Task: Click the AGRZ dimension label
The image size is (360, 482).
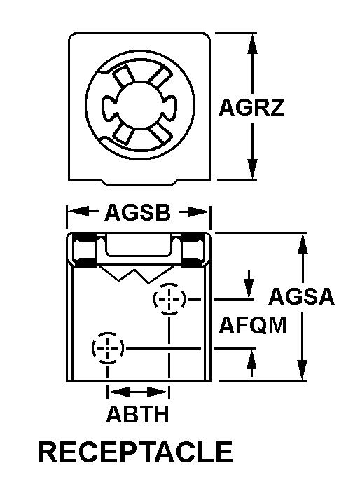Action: (251, 107)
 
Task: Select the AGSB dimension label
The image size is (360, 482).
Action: (137, 212)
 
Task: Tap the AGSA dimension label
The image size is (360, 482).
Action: (301, 296)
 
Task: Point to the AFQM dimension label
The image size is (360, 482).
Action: (252, 325)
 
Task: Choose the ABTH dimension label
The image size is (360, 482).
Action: (137, 414)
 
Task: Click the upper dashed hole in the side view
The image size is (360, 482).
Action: (169, 298)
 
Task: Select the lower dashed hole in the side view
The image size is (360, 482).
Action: (108, 348)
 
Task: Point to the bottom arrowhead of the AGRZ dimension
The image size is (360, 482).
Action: (252, 168)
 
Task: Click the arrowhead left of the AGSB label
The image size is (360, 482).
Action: (78, 212)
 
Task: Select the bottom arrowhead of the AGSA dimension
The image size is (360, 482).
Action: (303, 370)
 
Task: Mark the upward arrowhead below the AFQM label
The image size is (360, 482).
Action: (251, 359)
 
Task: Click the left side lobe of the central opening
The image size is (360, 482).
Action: (109, 105)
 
